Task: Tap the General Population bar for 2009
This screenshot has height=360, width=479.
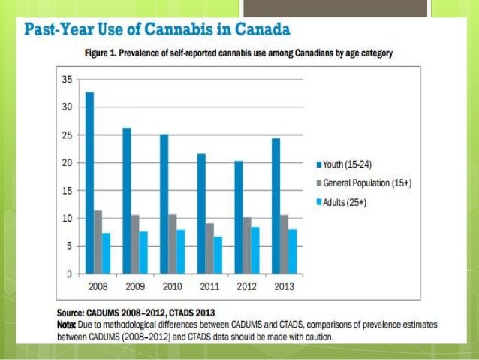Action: tap(135, 244)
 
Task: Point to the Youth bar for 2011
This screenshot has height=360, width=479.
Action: tap(200, 213)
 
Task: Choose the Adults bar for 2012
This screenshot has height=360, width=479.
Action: tap(255, 250)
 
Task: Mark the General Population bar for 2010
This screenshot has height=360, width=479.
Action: tap(172, 244)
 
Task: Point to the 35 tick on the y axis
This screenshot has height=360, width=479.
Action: tap(67, 79)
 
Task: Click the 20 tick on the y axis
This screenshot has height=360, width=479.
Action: tap(67, 162)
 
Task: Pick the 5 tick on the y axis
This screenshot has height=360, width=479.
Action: tap(69, 246)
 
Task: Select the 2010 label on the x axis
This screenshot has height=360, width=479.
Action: tap(171, 286)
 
